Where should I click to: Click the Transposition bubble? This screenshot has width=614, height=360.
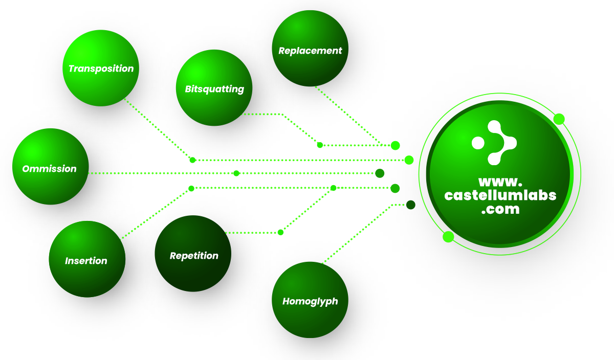pyautogui.click(x=101, y=68)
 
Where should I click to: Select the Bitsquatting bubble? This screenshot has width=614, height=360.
pyautogui.click(x=214, y=88)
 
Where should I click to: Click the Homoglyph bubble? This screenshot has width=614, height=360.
pyautogui.click(x=310, y=300)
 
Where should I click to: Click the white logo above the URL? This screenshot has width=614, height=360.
pyautogui.click(x=494, y=143)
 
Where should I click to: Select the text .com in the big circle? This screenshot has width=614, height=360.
pyautogui.click(x=500, y=209)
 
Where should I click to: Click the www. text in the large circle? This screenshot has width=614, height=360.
pyautogui.click(x=500, y=182)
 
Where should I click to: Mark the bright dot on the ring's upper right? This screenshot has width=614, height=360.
pyautogui.click(x=559, y=119)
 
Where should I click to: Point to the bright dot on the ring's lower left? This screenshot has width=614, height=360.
pyautogui.click(x=448, y=236)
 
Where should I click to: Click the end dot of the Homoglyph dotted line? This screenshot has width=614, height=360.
pyautogui.click(x=410, y=205)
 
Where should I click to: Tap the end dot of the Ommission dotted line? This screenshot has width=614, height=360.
pyautogui.click(x=380, y=173)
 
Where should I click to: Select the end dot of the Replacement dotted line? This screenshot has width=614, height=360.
pyautogui.click(x=395, y=145)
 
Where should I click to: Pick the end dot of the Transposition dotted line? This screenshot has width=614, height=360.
pyautogui.click(x=409, y=160)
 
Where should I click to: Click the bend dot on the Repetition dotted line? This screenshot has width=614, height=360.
pyautogui.click(x=280, y=233)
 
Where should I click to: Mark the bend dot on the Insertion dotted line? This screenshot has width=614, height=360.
pyautogui.click(x=191, y=189)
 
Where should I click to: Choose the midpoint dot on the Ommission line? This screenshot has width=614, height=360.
pyautogui.click(x=236, y=173)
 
